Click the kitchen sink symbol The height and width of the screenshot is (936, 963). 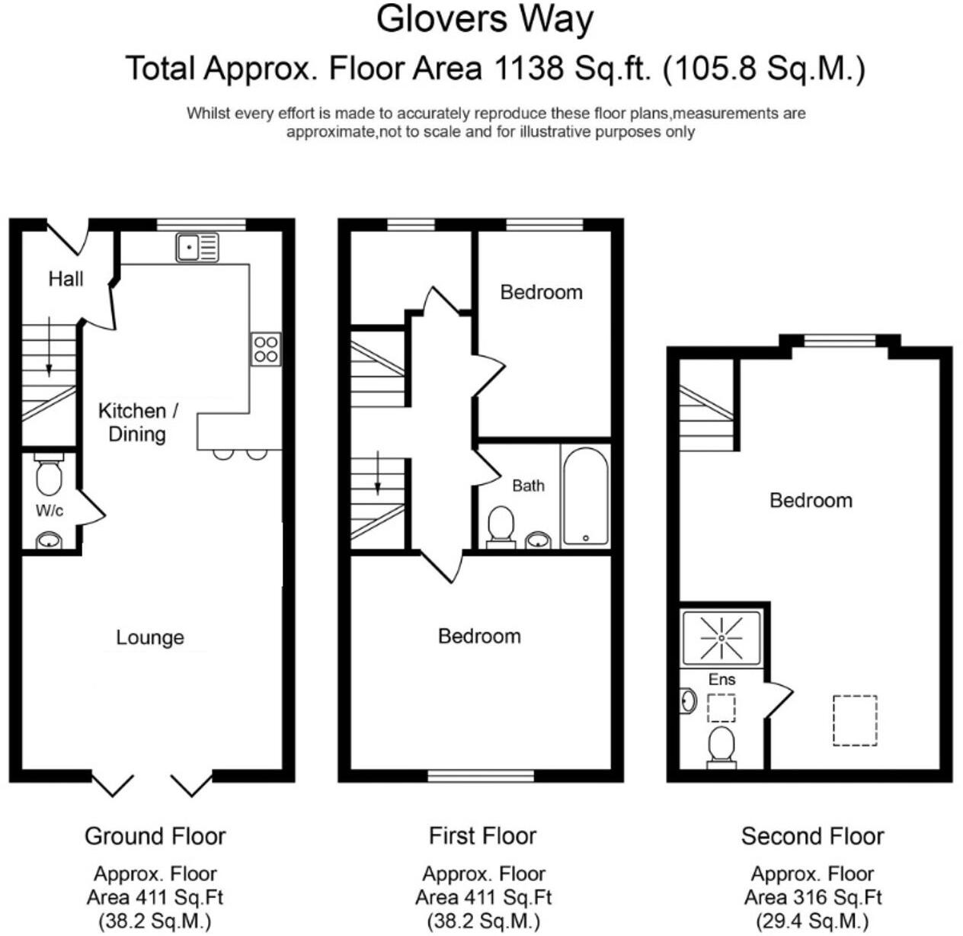tap(197, 248)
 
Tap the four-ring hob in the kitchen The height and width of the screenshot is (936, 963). tap(266, 349)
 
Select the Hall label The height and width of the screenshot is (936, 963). tap(66, 279)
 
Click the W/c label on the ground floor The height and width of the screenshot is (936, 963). tap(49, 511)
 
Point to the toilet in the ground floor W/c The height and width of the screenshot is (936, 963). tap(49, 475)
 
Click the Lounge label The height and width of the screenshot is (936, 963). tap(150, 637)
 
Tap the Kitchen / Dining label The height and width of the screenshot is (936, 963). tap(137, 422)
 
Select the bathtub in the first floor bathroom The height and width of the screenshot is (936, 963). tap(585, 495)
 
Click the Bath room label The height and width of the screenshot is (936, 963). tap(528, 486)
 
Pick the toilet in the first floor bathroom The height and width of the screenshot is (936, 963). tap(501, 526)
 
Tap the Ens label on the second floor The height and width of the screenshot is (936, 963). tap(721, 679)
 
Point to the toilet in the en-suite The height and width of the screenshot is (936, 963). tap(721, 745)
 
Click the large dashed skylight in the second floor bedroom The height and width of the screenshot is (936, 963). tap(855, 720)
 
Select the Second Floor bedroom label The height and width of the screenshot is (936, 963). tap(811, 501)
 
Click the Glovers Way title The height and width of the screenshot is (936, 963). tap(485, 19)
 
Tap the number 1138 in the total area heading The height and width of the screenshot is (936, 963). tap(528, 69)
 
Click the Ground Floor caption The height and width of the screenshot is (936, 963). tap(155, 836)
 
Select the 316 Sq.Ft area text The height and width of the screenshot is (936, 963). tap(813, 897)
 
